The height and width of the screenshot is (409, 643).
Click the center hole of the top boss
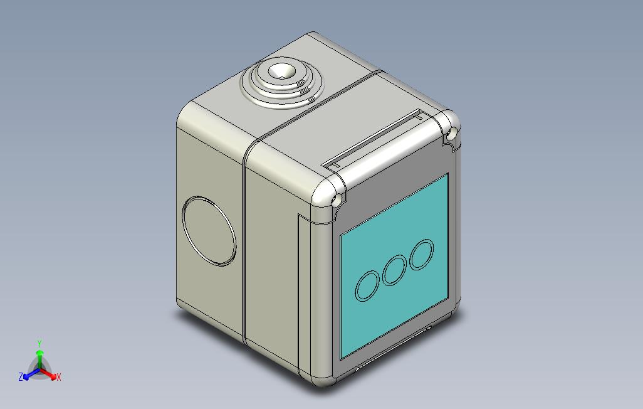coord(280,73)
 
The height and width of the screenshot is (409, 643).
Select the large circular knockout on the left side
coord(209,231)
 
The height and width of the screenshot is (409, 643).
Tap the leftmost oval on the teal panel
coord(367,285)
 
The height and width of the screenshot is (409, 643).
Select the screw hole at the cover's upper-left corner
coord(336,201)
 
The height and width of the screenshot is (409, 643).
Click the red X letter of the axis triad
coord(58,377)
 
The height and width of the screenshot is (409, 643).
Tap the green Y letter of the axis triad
coord(39,344)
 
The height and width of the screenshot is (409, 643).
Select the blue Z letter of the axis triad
coord(21,377)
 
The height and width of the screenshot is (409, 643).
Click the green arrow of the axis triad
coord(39,358)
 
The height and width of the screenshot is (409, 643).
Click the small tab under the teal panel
coord(429,327)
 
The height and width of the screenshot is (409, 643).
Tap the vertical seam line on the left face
coord(243,251)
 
